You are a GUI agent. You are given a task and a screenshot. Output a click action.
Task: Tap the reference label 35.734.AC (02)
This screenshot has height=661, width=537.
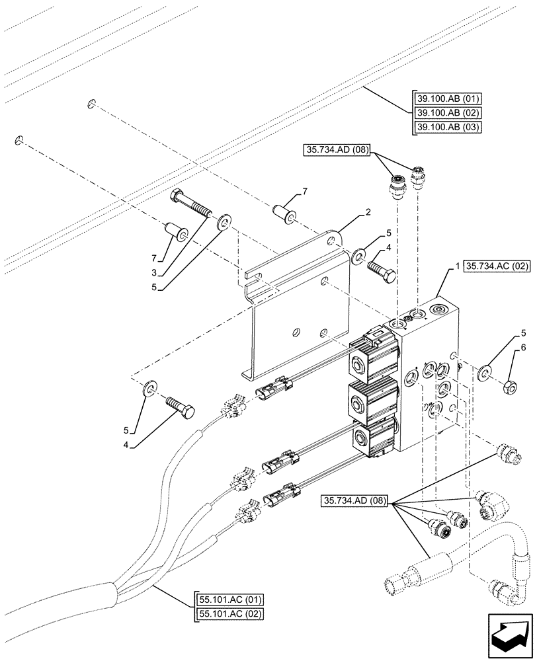click(x=498, y=267)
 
